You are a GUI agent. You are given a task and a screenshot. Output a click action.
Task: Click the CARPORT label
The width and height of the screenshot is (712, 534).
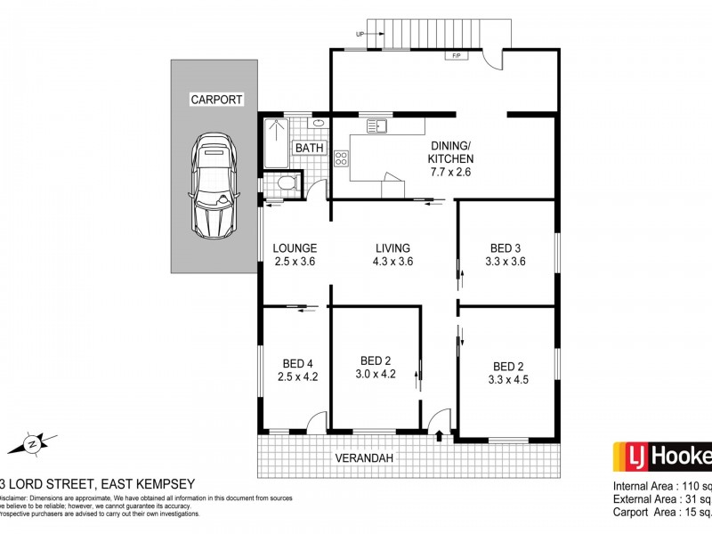click(216, 100)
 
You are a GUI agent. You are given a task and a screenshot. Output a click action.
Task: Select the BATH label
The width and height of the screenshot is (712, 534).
click(310, 148)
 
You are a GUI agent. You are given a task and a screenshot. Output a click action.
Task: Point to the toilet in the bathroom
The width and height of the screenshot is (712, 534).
click(285, 184)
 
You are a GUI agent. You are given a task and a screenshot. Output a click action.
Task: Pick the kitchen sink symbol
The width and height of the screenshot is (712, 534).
click(381, 126)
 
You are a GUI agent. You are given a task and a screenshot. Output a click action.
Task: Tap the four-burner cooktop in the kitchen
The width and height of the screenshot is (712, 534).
click(341, 159)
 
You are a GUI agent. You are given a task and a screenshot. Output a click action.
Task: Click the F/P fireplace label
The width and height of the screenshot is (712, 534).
click(457, 55)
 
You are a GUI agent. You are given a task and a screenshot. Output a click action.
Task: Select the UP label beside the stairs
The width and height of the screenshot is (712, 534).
click(360, 35)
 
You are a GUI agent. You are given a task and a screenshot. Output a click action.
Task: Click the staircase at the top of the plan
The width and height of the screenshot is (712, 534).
click(441, 34)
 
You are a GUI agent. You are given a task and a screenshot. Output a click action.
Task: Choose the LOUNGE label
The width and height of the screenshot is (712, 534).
click(295, 247)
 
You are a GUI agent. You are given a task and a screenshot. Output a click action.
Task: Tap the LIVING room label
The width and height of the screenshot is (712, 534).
click(392, 247)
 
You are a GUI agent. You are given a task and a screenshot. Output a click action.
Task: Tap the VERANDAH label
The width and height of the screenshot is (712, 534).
click(364, 458)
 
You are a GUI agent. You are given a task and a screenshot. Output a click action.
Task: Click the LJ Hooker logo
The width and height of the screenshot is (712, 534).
click(662, 457)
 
